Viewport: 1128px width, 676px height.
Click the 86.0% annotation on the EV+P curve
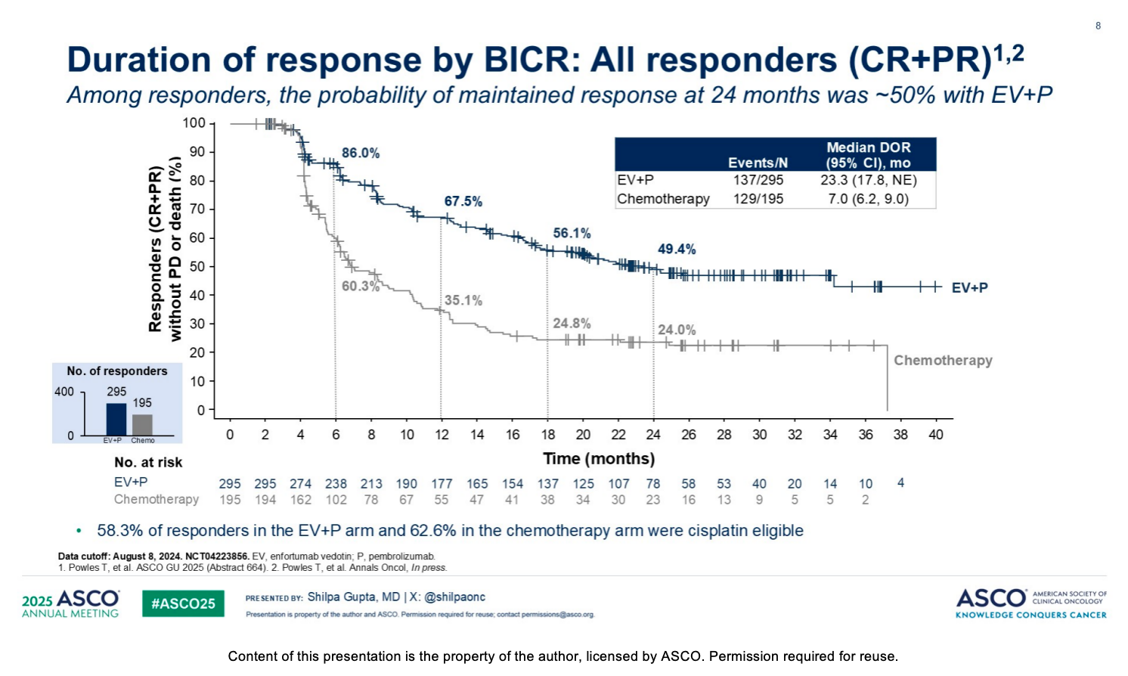(361, 153)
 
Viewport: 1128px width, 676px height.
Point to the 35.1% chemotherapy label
(463, 300)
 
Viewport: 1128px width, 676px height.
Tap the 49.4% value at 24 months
(677, 249)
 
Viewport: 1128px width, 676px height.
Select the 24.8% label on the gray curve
(572, 323)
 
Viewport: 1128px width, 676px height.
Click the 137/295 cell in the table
(758, 180)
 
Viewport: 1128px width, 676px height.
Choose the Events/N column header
(758, 163)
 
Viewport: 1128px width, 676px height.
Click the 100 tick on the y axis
(194, 122)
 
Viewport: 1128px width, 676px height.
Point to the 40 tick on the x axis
(936, 435)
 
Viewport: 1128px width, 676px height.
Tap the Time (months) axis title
(599, 458)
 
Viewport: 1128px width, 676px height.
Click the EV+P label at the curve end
(970, 288)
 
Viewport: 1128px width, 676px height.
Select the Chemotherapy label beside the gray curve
(943, 361)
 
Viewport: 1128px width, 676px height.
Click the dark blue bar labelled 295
(116, 420)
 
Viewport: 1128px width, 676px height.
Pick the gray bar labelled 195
(142, 424)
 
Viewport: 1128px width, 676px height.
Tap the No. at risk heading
(148, 462)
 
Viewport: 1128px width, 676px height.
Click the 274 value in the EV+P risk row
(300, 484)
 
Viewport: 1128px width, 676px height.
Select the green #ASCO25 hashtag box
(183, 603)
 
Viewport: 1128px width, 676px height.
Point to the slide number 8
(1098, 26)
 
